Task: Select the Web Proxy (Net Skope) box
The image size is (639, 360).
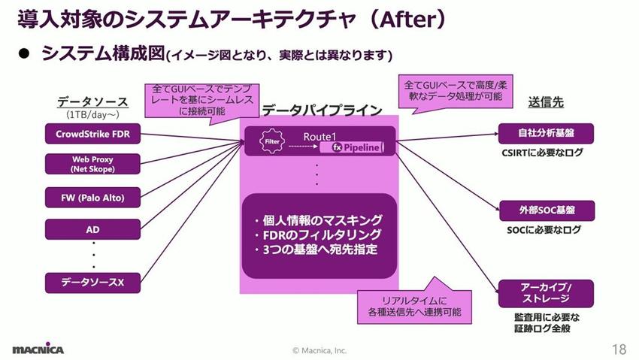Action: (92, 165)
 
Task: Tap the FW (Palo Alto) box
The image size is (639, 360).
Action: (92, 198)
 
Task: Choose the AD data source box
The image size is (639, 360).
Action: (92, 228)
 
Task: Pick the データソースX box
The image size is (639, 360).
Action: (92, 283)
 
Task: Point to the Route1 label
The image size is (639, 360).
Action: (319, 135)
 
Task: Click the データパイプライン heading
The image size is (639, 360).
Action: (322, 110)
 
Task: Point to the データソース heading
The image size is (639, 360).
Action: (92, 101)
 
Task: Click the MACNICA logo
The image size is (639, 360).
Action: (38, 349)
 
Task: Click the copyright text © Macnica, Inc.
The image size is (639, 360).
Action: (319, 350)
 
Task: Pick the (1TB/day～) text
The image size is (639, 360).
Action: (92, 115)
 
